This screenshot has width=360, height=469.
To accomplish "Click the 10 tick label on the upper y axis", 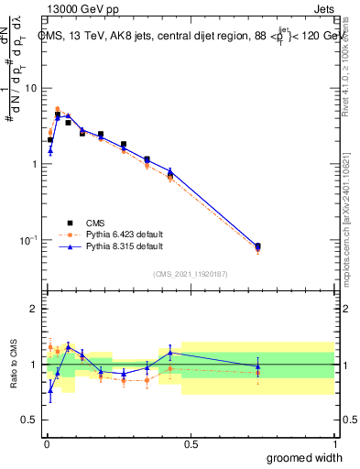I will point(31,88).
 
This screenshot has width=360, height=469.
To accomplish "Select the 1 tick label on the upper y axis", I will point(35,164).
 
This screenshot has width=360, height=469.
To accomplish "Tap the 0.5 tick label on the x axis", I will point(190,443).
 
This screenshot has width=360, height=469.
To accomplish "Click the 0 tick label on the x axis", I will point(45,443).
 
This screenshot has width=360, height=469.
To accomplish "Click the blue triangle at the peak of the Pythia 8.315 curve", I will point(68,116).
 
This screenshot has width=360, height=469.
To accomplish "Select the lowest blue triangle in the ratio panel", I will point(50,390).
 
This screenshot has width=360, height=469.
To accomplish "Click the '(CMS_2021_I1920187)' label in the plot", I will point(190,273).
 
